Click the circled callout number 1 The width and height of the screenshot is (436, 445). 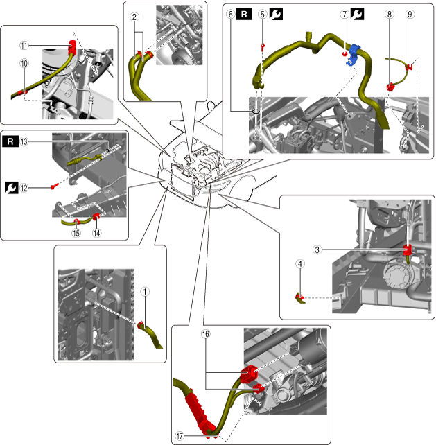tap(144, 291)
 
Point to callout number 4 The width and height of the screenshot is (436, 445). tap(299, 263)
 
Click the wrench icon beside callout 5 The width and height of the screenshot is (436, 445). tap(276, 13)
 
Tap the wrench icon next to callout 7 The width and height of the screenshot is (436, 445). tap(357, 13)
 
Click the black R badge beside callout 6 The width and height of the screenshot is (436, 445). tap(244, 13)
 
